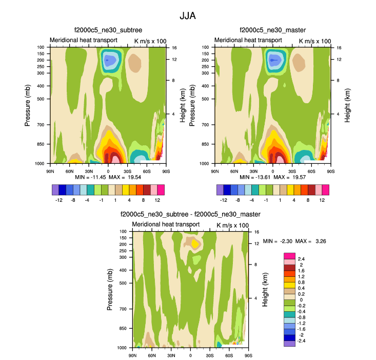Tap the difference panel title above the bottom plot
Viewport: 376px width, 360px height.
pyautogui.click(x=190, y=215)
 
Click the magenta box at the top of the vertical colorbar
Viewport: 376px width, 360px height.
pyautogui.click(x=289, y=255)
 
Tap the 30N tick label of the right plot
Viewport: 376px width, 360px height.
pyautogui.click(x=253, y=170)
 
